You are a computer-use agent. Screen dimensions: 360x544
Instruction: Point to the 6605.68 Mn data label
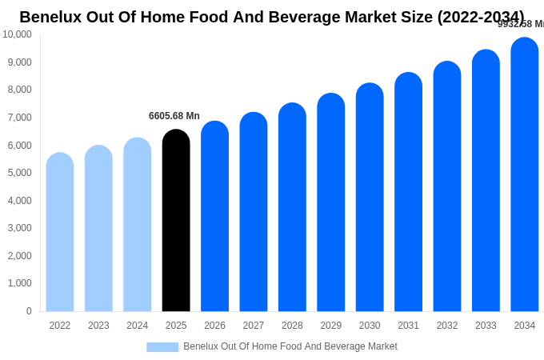174,116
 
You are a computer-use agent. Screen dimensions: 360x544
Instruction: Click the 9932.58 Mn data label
521,24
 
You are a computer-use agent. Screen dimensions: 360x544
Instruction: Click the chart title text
272,17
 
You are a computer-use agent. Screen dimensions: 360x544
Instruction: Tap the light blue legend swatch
162,347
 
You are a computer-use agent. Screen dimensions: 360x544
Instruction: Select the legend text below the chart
290,346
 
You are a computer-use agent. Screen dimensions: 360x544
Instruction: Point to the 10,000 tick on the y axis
17,34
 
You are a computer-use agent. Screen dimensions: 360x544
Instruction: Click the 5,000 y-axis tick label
17,173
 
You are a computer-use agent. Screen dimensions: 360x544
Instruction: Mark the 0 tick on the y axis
29,311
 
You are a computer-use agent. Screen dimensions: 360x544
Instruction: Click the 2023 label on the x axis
98,326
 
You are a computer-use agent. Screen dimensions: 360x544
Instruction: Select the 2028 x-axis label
292,326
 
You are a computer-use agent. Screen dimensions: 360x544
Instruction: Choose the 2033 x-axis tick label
486,326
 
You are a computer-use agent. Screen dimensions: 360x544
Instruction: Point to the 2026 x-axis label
214,326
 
